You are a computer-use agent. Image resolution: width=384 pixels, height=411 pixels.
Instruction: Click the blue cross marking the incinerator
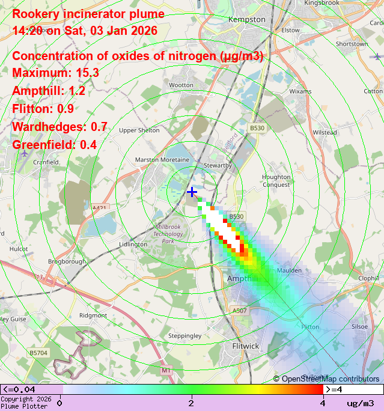click(192, 192)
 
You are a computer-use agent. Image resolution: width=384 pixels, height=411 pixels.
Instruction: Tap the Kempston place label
click(246, 20)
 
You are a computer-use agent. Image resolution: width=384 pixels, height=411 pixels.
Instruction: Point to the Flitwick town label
click(245, 346)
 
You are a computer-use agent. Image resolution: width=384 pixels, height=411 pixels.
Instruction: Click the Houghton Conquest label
click(276, 180)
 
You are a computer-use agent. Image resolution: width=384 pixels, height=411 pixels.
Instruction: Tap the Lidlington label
click(133, 245)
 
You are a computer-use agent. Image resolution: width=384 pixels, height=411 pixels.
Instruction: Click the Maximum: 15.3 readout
click(55, 73)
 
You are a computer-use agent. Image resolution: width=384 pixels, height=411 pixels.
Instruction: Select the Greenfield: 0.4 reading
click(55, 145)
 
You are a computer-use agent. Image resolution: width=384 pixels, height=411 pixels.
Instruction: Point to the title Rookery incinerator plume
click(88, 14)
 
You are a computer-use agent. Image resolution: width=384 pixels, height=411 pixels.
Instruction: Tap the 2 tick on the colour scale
click(191, 403)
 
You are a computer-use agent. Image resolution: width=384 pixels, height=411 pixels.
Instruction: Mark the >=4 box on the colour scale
click(353, 389)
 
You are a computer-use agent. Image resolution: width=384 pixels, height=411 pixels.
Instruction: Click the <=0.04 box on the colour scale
click(30, 389)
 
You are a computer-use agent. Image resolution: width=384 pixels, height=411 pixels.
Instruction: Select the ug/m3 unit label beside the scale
click(360, 403)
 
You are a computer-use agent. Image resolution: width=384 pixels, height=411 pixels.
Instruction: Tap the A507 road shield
click(239, 311)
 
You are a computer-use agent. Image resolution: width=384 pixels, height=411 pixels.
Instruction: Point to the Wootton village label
click(181, 85)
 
